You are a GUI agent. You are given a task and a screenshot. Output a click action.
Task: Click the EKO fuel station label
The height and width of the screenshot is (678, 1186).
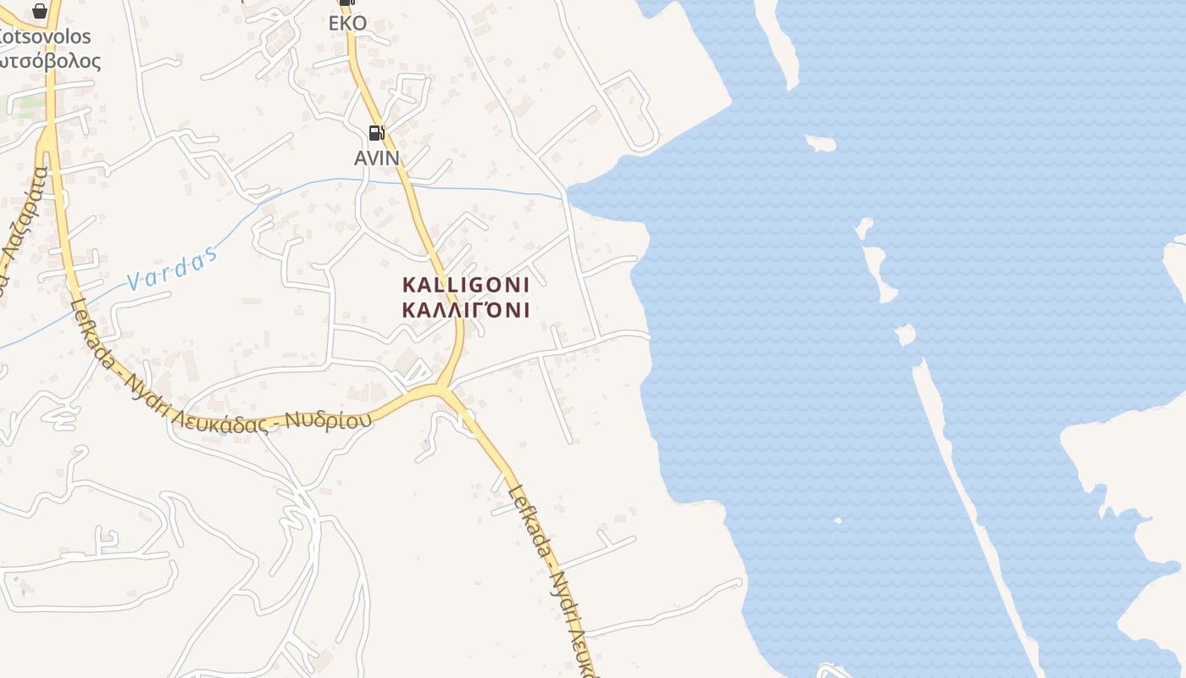click(347, 23)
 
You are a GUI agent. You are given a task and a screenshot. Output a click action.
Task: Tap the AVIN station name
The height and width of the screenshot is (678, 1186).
click(376, 158)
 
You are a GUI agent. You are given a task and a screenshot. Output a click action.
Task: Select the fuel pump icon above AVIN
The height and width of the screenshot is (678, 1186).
click(376, 132)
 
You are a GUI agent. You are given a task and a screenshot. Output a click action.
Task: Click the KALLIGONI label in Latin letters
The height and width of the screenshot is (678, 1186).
click(466, 284)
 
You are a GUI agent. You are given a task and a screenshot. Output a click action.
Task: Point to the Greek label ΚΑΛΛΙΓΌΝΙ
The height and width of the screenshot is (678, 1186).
click(466, 309)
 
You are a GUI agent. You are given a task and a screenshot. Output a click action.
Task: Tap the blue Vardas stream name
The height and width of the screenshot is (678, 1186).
click(172, 270)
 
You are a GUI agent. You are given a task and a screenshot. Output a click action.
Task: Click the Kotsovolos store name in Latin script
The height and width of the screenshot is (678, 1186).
click(46, 36)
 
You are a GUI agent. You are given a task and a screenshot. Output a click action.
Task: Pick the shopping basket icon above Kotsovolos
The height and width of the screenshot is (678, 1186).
click(39, 10)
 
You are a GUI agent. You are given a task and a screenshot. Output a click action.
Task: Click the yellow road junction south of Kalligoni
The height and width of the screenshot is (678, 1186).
click(440, 390)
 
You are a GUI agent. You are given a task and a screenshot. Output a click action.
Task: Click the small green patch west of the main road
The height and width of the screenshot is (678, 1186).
click(30, 106)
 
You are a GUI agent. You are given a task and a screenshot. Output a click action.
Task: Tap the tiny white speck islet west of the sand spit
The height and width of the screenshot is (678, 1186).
click(837, 520)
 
